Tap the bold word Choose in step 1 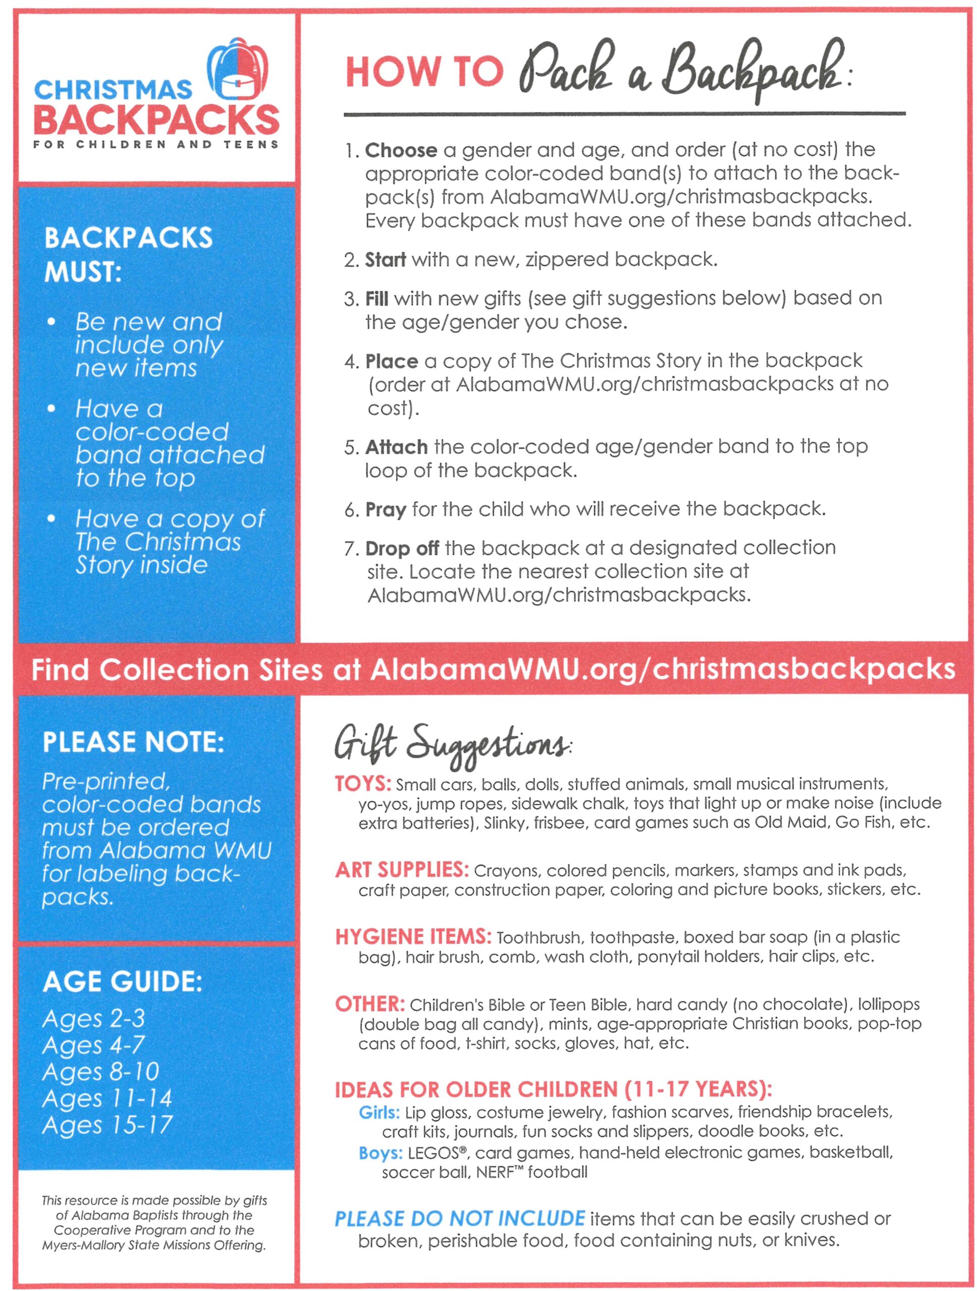[x=401, y=151]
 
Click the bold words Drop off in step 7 [x=402, y=549]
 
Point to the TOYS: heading [x=362, y=783]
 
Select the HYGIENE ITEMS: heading [x=413, y=937]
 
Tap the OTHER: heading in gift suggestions [x=370, y=1004]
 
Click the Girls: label [x=379, y=1112]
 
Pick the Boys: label [x=380, y=1153]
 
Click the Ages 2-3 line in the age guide [x=93, y=1019]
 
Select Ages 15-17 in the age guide [x=107, y=1125]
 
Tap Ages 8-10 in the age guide [x=100, y=1072]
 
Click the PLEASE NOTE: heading [x=133, y=742]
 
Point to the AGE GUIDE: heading [x=122, y=982]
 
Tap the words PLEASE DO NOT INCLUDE [x=459, y=1218]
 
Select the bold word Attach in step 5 [x=396, y=447]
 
